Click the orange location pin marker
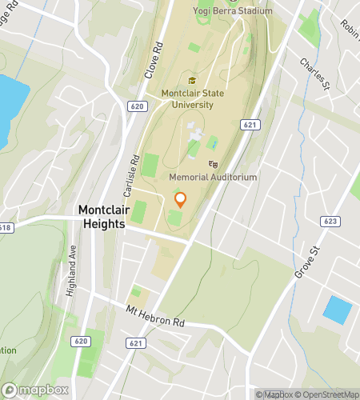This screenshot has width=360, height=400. (180, 200)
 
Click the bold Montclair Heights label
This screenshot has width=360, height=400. (102, 218)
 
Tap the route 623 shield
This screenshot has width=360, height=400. (330, 221)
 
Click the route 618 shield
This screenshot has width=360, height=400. (4, 227)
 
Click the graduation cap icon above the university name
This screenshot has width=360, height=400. (191, 81)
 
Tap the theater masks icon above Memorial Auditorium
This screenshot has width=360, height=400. (213, 163)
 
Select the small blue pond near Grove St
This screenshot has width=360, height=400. (337, 310)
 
